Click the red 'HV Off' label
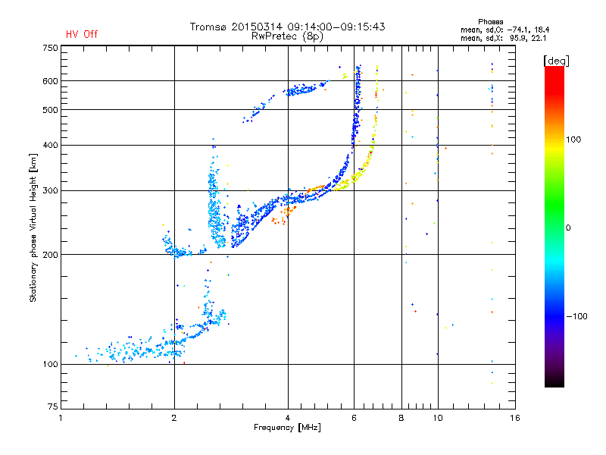(82, 34)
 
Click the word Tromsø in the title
(208, 27)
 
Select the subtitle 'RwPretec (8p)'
(287, 36)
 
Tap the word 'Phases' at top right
(490, 22)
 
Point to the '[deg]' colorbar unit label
(556, 61)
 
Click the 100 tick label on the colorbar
(573, 140)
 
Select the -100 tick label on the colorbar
(577, 316)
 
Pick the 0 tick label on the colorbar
(568, 227)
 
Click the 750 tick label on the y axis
(50, 48)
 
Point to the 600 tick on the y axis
(50, 81)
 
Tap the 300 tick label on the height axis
(50, 190)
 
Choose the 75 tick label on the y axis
(53, 406)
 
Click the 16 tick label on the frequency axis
(515, 418)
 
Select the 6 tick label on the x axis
(354, 418)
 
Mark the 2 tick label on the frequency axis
(174, 418)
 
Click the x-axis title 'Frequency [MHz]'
(287, 428)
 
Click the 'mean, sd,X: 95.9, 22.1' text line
(503, 39)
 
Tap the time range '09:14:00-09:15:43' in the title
(336, 27)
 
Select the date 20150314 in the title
(257, 27)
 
